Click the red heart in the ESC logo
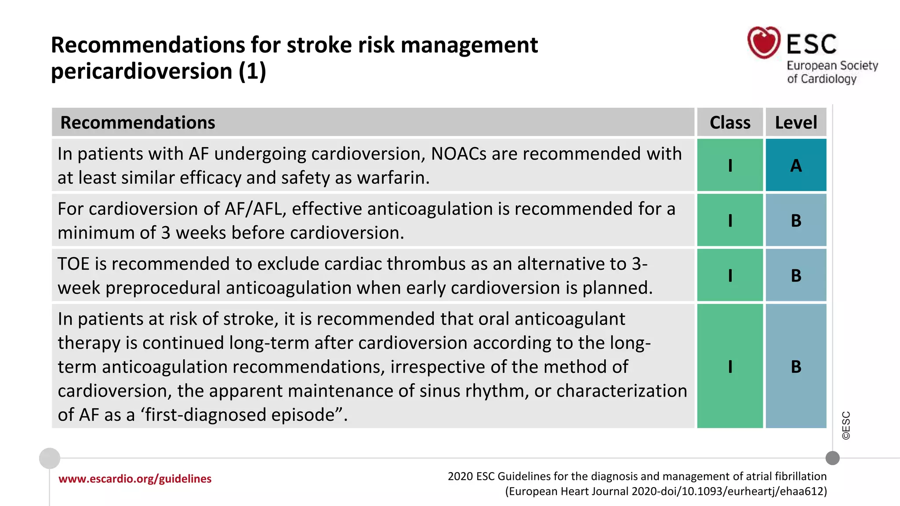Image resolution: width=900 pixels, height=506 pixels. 764,43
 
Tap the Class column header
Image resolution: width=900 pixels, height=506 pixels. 730,123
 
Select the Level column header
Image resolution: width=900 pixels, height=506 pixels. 796,123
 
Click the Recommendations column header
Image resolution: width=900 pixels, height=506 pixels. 138,123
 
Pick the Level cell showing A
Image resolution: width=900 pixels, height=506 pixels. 796,166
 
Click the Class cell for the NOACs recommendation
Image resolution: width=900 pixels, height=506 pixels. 730,166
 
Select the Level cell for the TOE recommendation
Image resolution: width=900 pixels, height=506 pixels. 796,275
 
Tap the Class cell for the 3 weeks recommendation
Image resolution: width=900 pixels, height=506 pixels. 730,220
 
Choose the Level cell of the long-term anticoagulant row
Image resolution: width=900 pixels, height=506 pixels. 796,366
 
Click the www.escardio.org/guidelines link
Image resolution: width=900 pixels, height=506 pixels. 135,479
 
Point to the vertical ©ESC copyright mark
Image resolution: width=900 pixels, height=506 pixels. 846,425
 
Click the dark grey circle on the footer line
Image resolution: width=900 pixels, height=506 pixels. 832,458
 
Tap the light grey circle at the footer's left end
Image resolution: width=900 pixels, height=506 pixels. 50,458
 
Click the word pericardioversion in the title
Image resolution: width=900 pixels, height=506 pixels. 142,71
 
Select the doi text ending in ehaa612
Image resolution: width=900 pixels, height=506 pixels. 729,491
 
